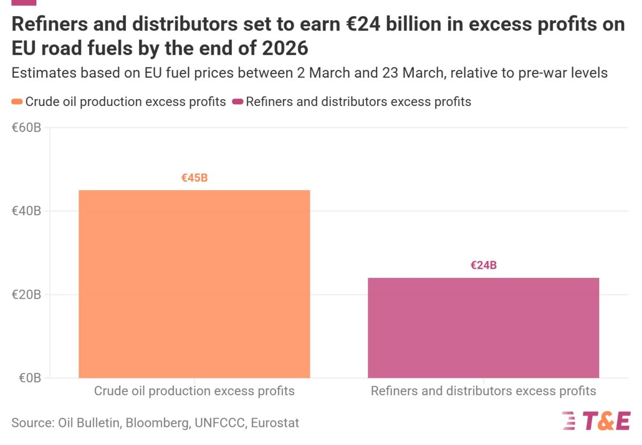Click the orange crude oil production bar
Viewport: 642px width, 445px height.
click(x=194, y=284)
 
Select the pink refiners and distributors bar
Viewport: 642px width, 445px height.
click(x=483, y=328)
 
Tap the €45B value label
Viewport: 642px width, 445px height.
click(x=194, y=178)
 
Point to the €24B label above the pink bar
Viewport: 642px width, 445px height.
click(x=484, y=265)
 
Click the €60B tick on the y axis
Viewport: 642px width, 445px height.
click(x=26, y=128)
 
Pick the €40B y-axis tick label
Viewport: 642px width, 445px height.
click(x=26, y=211)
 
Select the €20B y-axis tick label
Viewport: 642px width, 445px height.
click(x=26, y=295)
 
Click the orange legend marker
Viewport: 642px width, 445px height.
click(x=17, y=102)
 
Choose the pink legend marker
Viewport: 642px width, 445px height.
click(x=238, y=102)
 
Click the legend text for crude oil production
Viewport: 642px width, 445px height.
click(x=126, y=102)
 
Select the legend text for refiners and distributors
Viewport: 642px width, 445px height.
click(x=358, y=102)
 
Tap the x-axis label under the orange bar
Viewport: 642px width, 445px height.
click(x=194, y=391)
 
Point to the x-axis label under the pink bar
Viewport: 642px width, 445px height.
click(x=483, y=391)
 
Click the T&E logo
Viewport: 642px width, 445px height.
click(x=596, y=421)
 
